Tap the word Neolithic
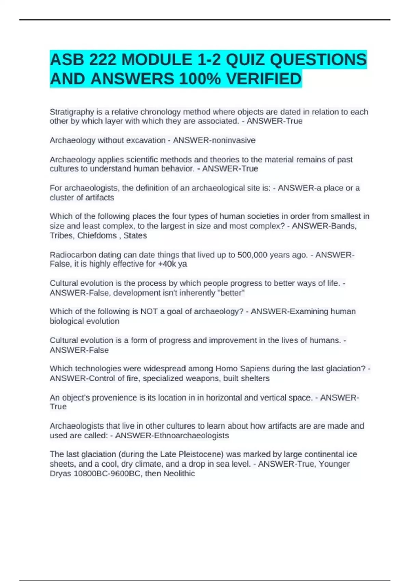point(179,474)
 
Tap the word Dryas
point(60,474)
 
